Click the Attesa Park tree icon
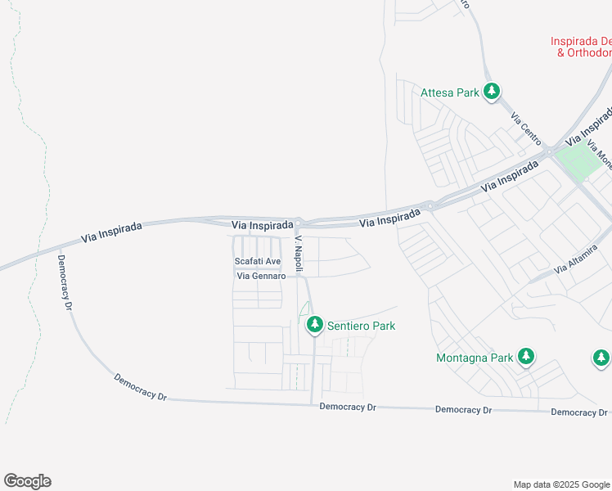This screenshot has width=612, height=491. click(492, 92)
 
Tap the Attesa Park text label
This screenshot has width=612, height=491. click(449, 92)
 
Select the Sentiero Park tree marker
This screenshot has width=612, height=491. click(314, 326)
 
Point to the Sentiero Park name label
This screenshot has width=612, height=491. click(361, 326)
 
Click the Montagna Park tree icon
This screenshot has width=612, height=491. click(527, 357)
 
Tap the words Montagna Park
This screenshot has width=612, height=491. click(475, 358)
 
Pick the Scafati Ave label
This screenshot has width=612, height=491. click(258, 262)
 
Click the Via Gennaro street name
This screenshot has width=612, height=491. click(261, 276)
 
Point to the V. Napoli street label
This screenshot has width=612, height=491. click(299, 250)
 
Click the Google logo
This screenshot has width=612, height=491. click(27, 481)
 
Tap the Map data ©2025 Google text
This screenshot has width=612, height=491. click(560, 484)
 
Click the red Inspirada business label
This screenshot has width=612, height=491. click(580, 47)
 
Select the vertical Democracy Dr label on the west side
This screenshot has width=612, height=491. click(65, 282)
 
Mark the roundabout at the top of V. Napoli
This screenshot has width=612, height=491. click(299, 223)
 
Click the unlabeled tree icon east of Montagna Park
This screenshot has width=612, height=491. click(601, 358)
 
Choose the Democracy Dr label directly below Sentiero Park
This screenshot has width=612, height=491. click(348, 407)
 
